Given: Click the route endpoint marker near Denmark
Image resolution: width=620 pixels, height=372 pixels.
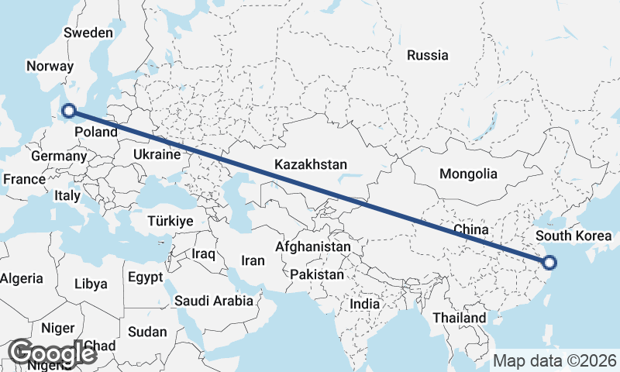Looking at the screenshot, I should [x=68, y=111].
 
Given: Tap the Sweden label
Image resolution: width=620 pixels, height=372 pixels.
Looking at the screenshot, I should [x=88, y=33].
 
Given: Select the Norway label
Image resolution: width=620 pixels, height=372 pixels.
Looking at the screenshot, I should [x=49, y=67].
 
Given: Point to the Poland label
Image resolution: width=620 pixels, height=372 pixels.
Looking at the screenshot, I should [x=96, y=132].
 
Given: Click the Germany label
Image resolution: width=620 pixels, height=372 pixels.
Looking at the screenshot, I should [x=59, y=156].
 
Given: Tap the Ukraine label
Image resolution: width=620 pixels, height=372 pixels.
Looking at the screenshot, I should [x=157, y=155].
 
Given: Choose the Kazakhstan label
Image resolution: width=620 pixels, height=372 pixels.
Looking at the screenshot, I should [x=310, y=165].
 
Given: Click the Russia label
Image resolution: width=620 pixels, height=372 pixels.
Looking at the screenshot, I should [x=428, y=55].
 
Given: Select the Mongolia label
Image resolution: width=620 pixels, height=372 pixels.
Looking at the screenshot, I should [x=467, y=174].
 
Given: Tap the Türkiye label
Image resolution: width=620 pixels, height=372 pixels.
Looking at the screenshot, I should [x=170, y=222].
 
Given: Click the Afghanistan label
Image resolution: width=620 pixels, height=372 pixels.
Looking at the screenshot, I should [x=313, y=246].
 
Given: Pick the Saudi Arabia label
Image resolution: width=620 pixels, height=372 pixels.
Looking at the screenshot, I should [x=213, y=301].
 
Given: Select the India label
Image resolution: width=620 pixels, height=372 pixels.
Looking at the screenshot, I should [x=364, y=305].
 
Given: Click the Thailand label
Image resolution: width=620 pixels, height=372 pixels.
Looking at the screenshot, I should [x=460, y=318].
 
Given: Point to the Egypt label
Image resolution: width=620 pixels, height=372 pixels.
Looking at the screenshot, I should [x=145, y=277].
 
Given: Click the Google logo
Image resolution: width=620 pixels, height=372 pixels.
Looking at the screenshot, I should [x=52, y=353].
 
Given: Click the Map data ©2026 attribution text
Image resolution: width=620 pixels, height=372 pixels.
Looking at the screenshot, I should [x=555, y=360].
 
